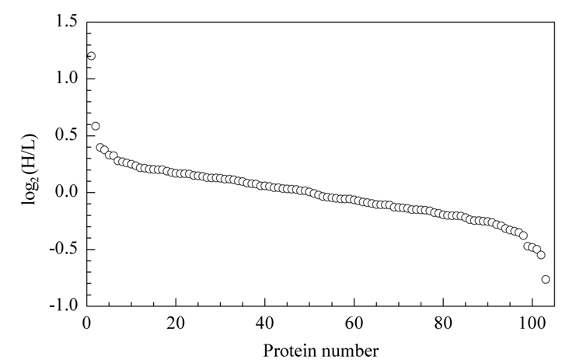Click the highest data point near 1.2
click(x=91, y=56)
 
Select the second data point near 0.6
click(x=96, y=126)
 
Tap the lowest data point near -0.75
click(x=546, y=279)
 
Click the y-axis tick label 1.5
click(x=66, y=21)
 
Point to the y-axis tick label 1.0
click(x=66, y=78)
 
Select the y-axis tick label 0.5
click(x=66, y=135)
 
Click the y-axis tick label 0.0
click(x=66, y=192)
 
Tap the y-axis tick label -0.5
click(x=64, y=249)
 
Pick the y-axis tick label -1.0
click(x=64, y=306)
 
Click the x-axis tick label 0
click(x=86, y=323)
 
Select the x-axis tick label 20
click(x=176, y=323)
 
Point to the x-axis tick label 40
click(x=265, y=323)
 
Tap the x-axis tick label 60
click(x=354, y=323)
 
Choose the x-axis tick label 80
click(x=443, y=323)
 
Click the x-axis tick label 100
click(x=532, y=323)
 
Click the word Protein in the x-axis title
click(x=289, y=351)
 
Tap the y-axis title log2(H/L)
click(x=30, y=170)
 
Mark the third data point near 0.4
click(x=100, y=148)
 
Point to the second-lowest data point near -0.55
click(x=541, y=255)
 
